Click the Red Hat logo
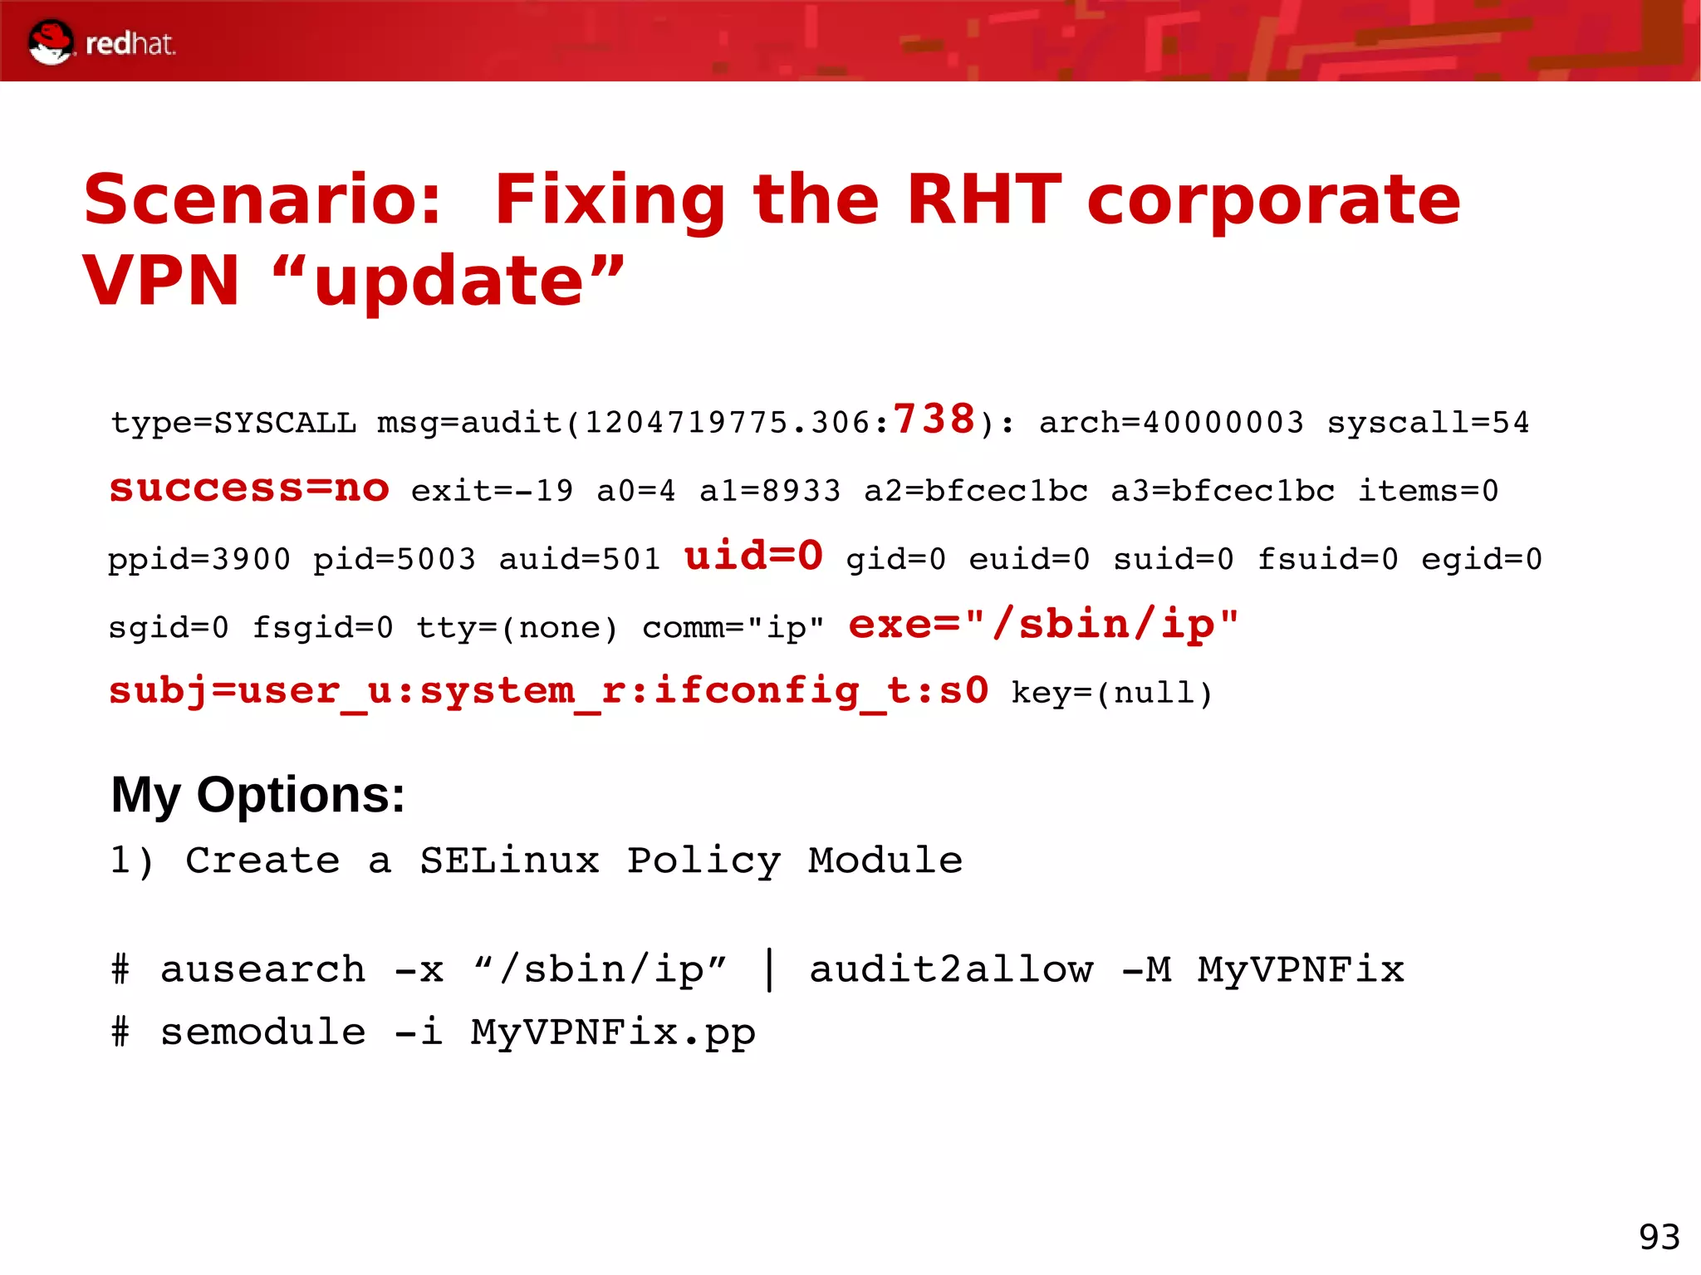pos(101,42)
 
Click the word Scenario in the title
pos(261,200)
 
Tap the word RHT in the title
pos(983,200)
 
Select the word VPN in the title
pos(160,281)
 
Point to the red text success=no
pos(249,488)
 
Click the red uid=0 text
pos(753,555)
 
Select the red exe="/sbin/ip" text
pos(1043,624)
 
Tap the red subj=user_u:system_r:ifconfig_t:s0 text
pos(548,691)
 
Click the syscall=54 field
pos(1428,423)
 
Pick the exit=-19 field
pos(492,491)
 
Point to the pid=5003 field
pos(394,559)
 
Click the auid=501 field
pos(579,559)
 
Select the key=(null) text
pos(1111,693)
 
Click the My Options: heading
pos(257,795)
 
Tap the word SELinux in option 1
pos(509,861)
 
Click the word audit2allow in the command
pos(951,969)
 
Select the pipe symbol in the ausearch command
pos(770,969)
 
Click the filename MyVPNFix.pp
pos(613,1032)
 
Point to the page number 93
pos(1659,1237)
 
